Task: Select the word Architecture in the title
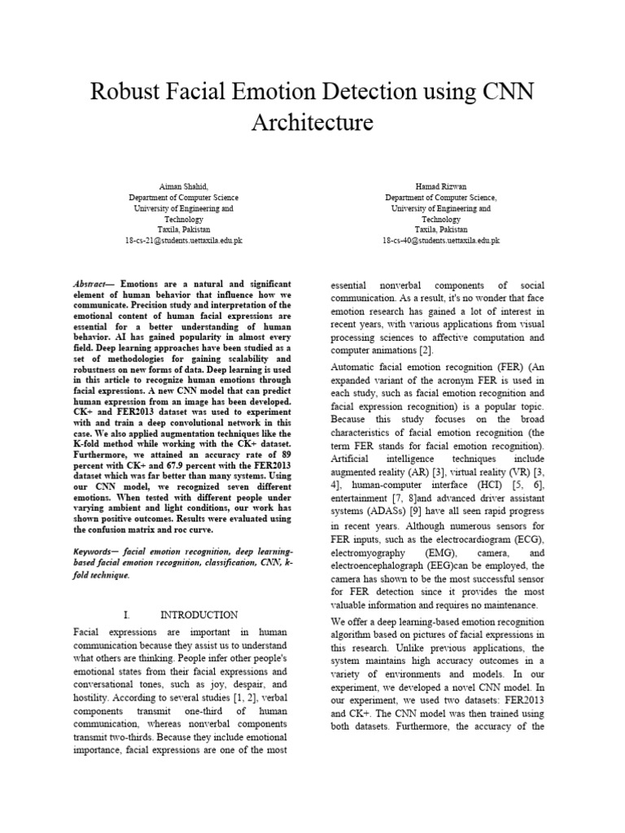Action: point(312,123)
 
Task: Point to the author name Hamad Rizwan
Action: point(440,186)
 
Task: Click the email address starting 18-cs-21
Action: point(183,241)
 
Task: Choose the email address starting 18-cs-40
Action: point(440,241)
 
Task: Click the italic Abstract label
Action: point(92,283)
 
